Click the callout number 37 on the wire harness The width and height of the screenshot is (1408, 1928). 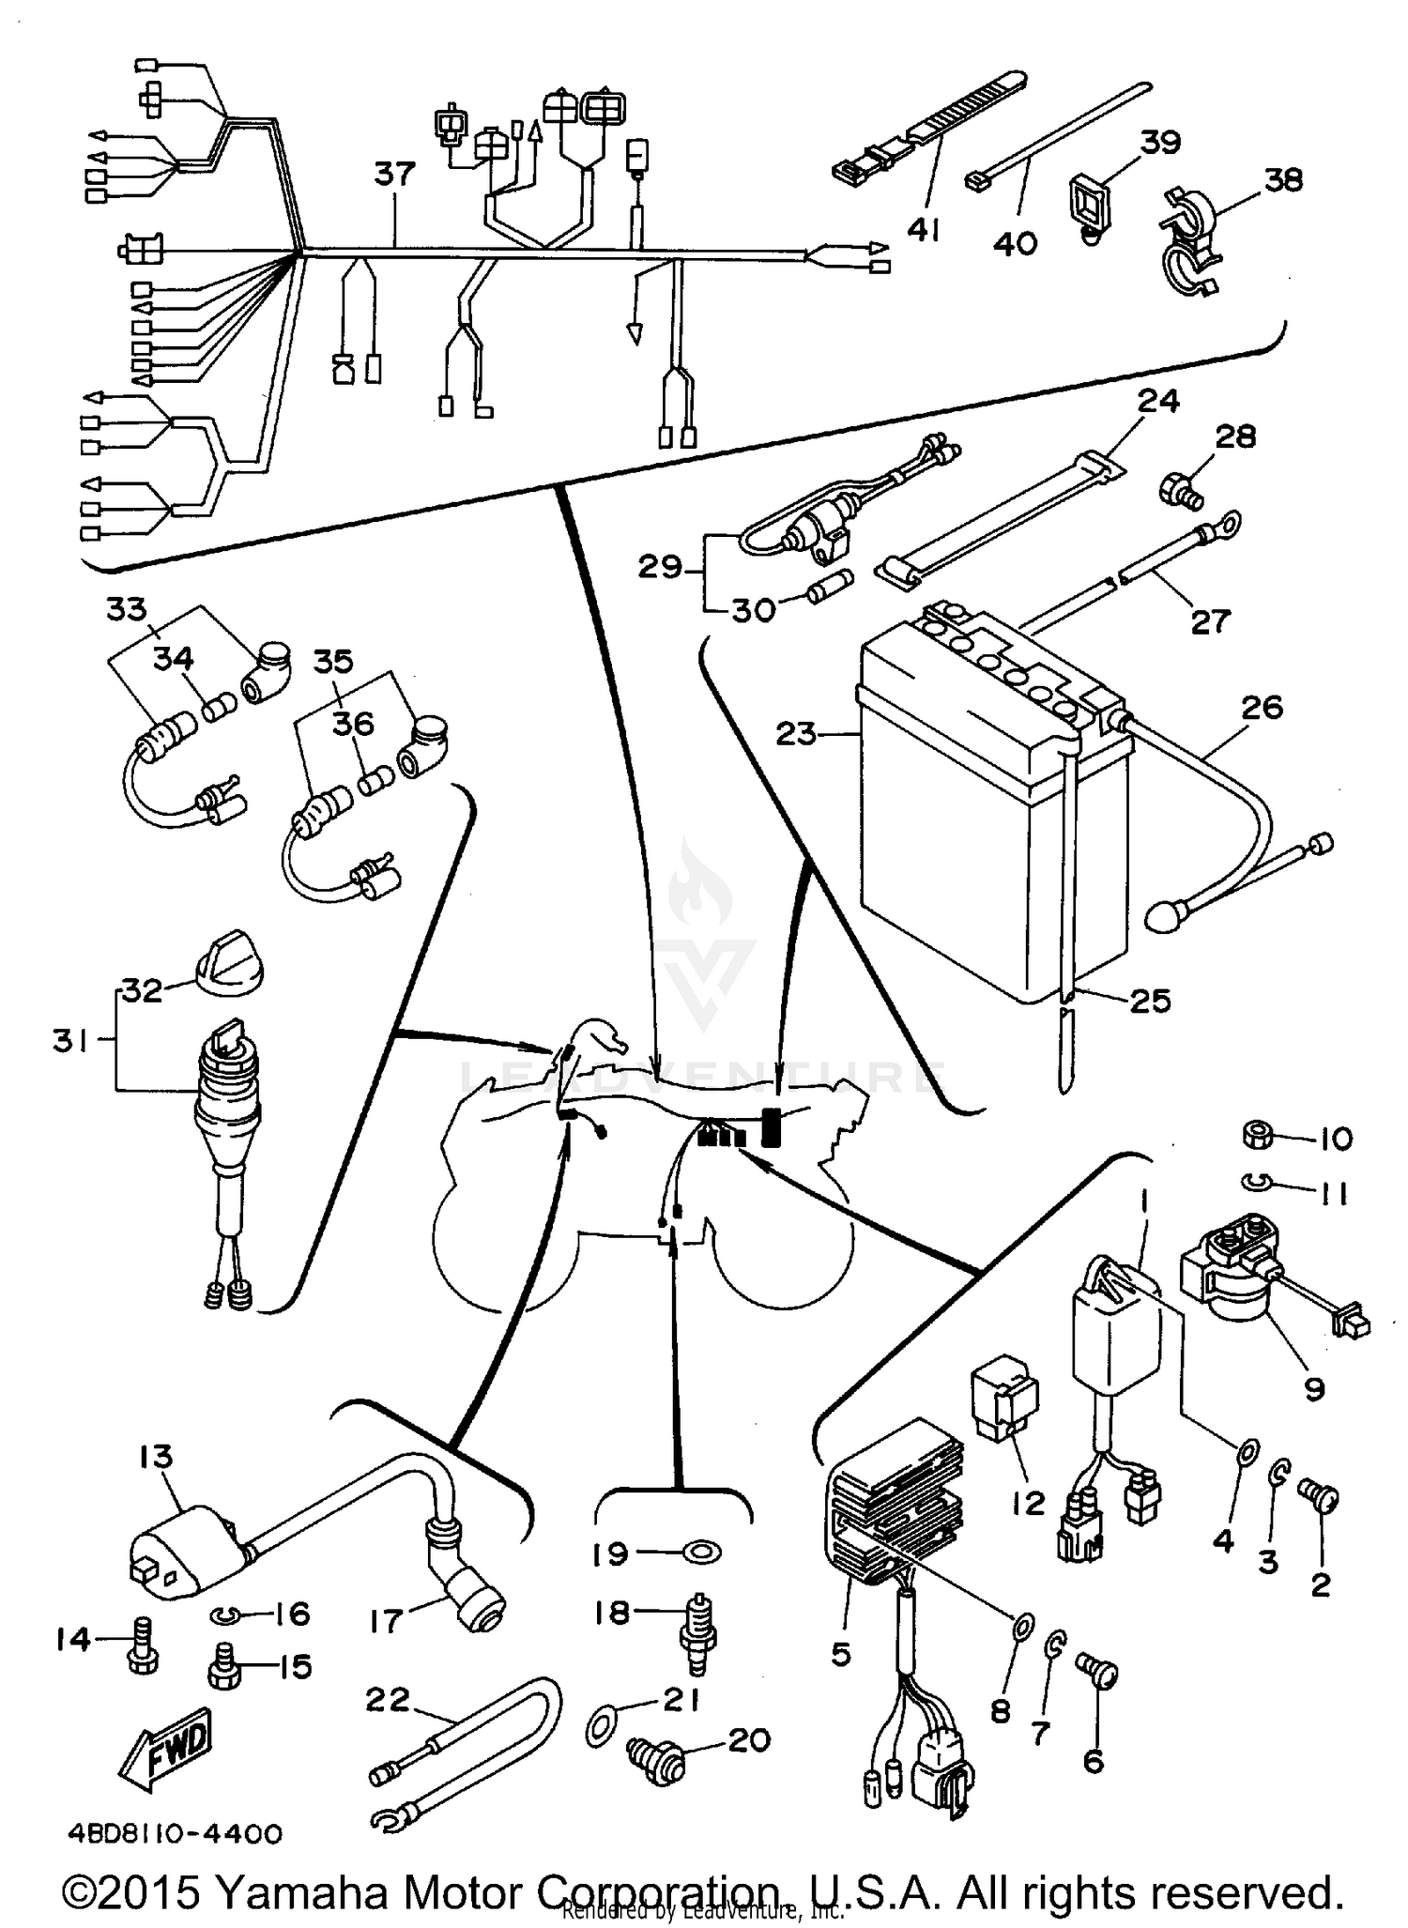tap(394, 174)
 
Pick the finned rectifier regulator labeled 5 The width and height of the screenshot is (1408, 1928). tap(896, 1511)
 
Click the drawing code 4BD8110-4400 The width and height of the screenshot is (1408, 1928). tap(175, 1834)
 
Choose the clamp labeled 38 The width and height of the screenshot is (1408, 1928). tap(1188, 244)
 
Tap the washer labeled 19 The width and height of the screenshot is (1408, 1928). tap(698, 1553)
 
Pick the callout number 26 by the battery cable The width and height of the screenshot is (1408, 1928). tap(1262, 707)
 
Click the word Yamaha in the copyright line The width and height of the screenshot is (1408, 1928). tap(302, 1892)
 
